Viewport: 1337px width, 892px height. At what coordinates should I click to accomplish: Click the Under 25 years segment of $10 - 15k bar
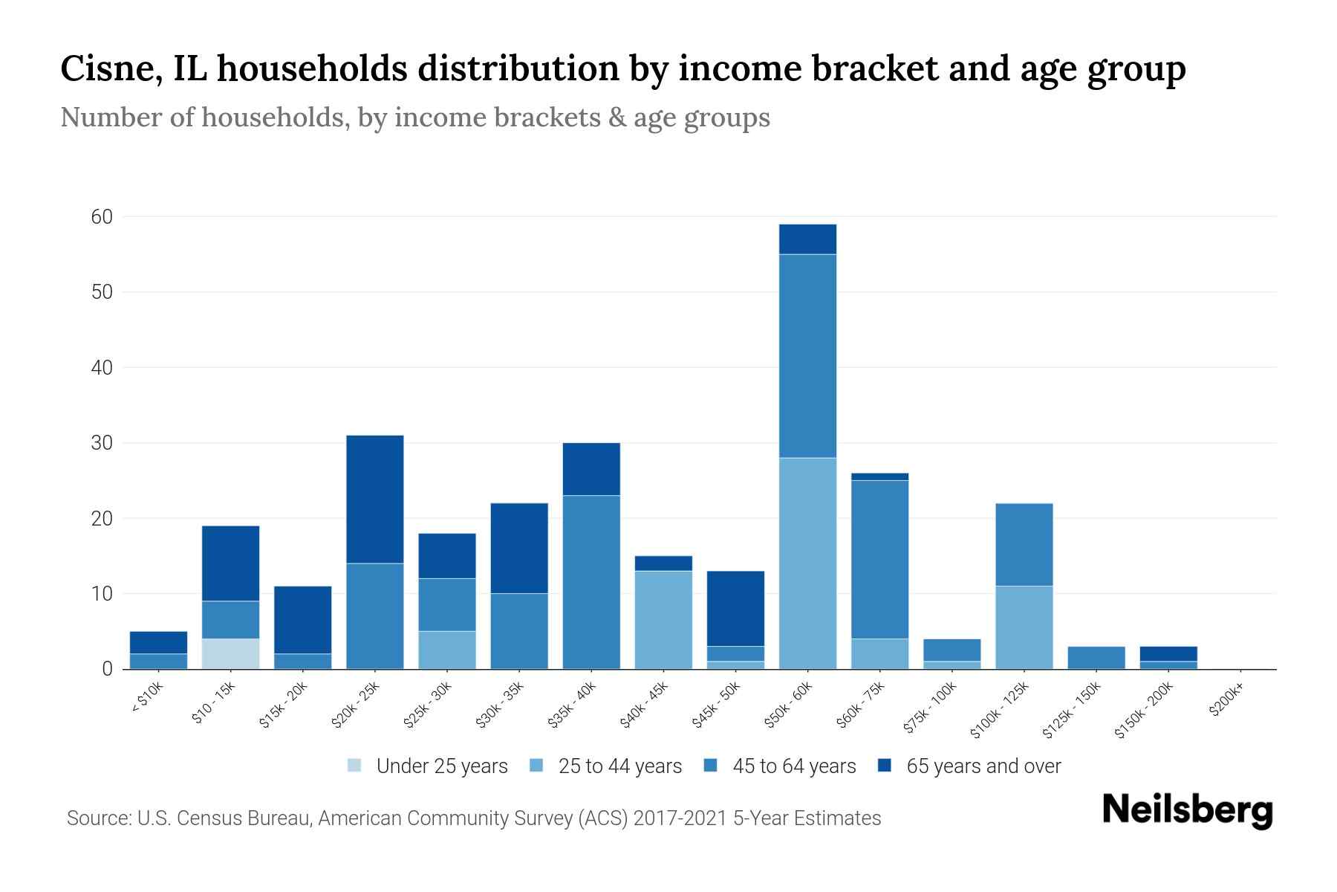pyautogui.click(x=230, y=653)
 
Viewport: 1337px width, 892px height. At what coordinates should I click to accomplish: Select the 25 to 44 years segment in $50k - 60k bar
pyautogui.click(x=807, y=563)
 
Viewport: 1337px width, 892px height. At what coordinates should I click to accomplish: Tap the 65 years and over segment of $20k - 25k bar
pyautogui.click(x=375, y=499)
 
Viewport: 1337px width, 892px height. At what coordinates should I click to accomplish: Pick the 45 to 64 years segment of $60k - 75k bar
pyautogui.click(x=879, y=559)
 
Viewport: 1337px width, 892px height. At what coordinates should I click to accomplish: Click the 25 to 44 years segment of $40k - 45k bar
pyautogui.click(x=663, y=619)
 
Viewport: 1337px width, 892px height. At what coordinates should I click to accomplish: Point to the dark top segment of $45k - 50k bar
pyautogui.click(x=735, y=608)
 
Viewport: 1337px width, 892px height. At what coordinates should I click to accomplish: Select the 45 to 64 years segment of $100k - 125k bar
pyautogui.click(x=1024, y=544)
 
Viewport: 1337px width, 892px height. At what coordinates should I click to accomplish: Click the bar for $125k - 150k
pyautogui.click(x=1096, y=657)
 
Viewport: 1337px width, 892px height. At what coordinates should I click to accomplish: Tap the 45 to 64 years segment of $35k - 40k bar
pyautogui.click(x=591, y=581)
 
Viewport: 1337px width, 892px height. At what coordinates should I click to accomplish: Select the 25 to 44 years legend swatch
pyautogui.click(x=537, y=765)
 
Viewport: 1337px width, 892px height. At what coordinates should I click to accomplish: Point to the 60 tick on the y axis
pyautogui.click(x=102, y=217)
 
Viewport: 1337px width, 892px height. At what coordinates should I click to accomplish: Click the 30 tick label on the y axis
pyautogui.click(x=102, y=443)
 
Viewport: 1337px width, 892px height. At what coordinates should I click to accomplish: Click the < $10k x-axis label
pyautogui.click(x=147, y=699)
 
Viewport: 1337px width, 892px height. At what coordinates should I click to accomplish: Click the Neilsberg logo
pyautogui.click(x=1187, y=810)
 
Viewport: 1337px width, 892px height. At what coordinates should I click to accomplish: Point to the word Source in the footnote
pyautogui.click(x=97, y=818)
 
